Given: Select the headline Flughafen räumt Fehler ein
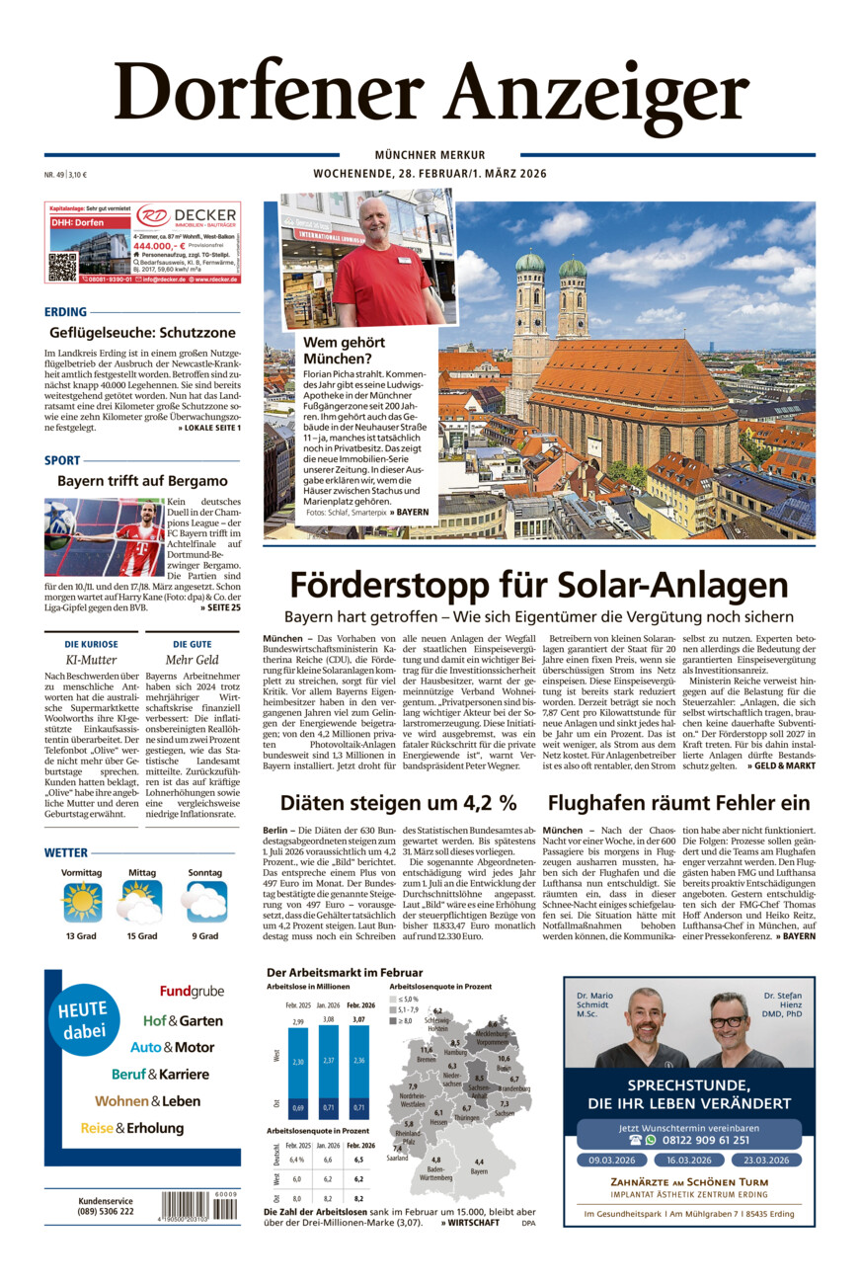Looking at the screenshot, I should click(x=678, y=802).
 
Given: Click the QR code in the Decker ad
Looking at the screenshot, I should click(x=62, y=267).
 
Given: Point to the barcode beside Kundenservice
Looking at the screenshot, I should click(x=199, y=1206).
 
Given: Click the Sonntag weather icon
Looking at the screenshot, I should click(x=205, y=902).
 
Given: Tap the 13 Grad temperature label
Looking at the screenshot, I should click(x=81, y=935).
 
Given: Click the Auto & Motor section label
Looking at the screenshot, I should click(x=172, y=1047).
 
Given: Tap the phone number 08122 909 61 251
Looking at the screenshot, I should click(x=697, y=1139).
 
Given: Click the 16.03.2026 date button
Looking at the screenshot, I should click(x=688, y=1160).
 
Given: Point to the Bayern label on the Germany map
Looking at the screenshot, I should click(x=479, y=1172).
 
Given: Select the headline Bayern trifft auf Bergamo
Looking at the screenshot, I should click(x=142, y=481).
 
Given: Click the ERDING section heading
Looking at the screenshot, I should click(x=65, y=311).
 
